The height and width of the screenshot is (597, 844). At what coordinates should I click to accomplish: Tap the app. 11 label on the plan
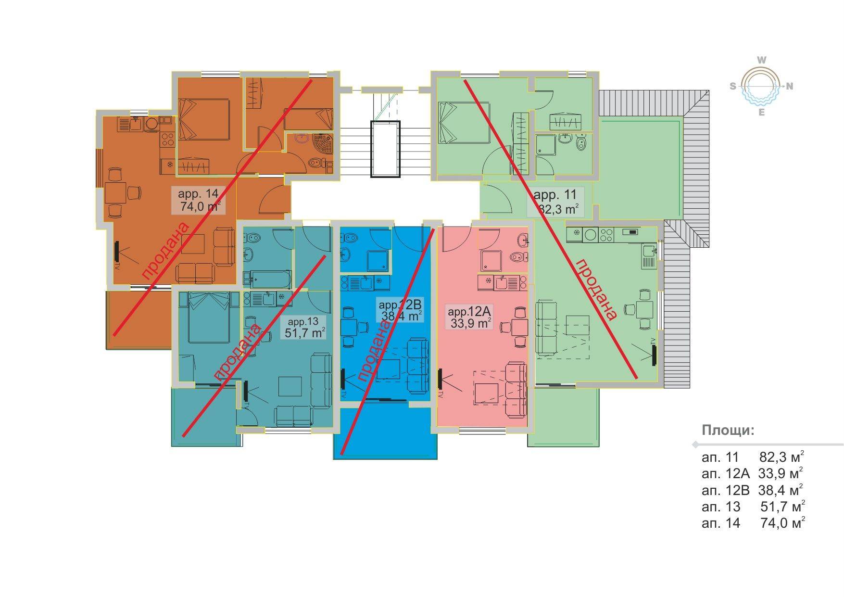tap(554, 195)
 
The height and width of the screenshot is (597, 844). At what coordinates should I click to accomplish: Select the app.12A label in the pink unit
tap(468, 311)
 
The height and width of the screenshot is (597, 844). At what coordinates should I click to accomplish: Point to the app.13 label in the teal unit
tap(303, 321)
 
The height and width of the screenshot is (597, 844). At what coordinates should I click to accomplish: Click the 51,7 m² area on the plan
tap(304, 332)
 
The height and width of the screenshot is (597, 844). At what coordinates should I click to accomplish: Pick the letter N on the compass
tap(789, 87)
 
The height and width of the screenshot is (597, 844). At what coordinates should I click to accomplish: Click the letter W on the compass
tap(761, 60)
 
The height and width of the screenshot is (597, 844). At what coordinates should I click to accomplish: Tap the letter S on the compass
tap(733, 87)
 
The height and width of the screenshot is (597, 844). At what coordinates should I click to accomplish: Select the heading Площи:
tap(728, 430)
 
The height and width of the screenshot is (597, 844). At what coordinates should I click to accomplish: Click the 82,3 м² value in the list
tap(781, 457)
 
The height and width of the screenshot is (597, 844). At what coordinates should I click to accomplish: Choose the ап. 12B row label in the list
tap(725, 490)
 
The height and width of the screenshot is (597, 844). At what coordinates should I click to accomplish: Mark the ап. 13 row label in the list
tap(721, 507)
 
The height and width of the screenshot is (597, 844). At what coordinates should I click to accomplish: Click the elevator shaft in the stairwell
tap(385, 149)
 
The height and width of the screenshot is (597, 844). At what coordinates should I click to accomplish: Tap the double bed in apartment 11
tap(464, 123)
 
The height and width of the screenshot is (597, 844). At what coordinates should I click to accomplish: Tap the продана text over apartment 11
tap(595, 290)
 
